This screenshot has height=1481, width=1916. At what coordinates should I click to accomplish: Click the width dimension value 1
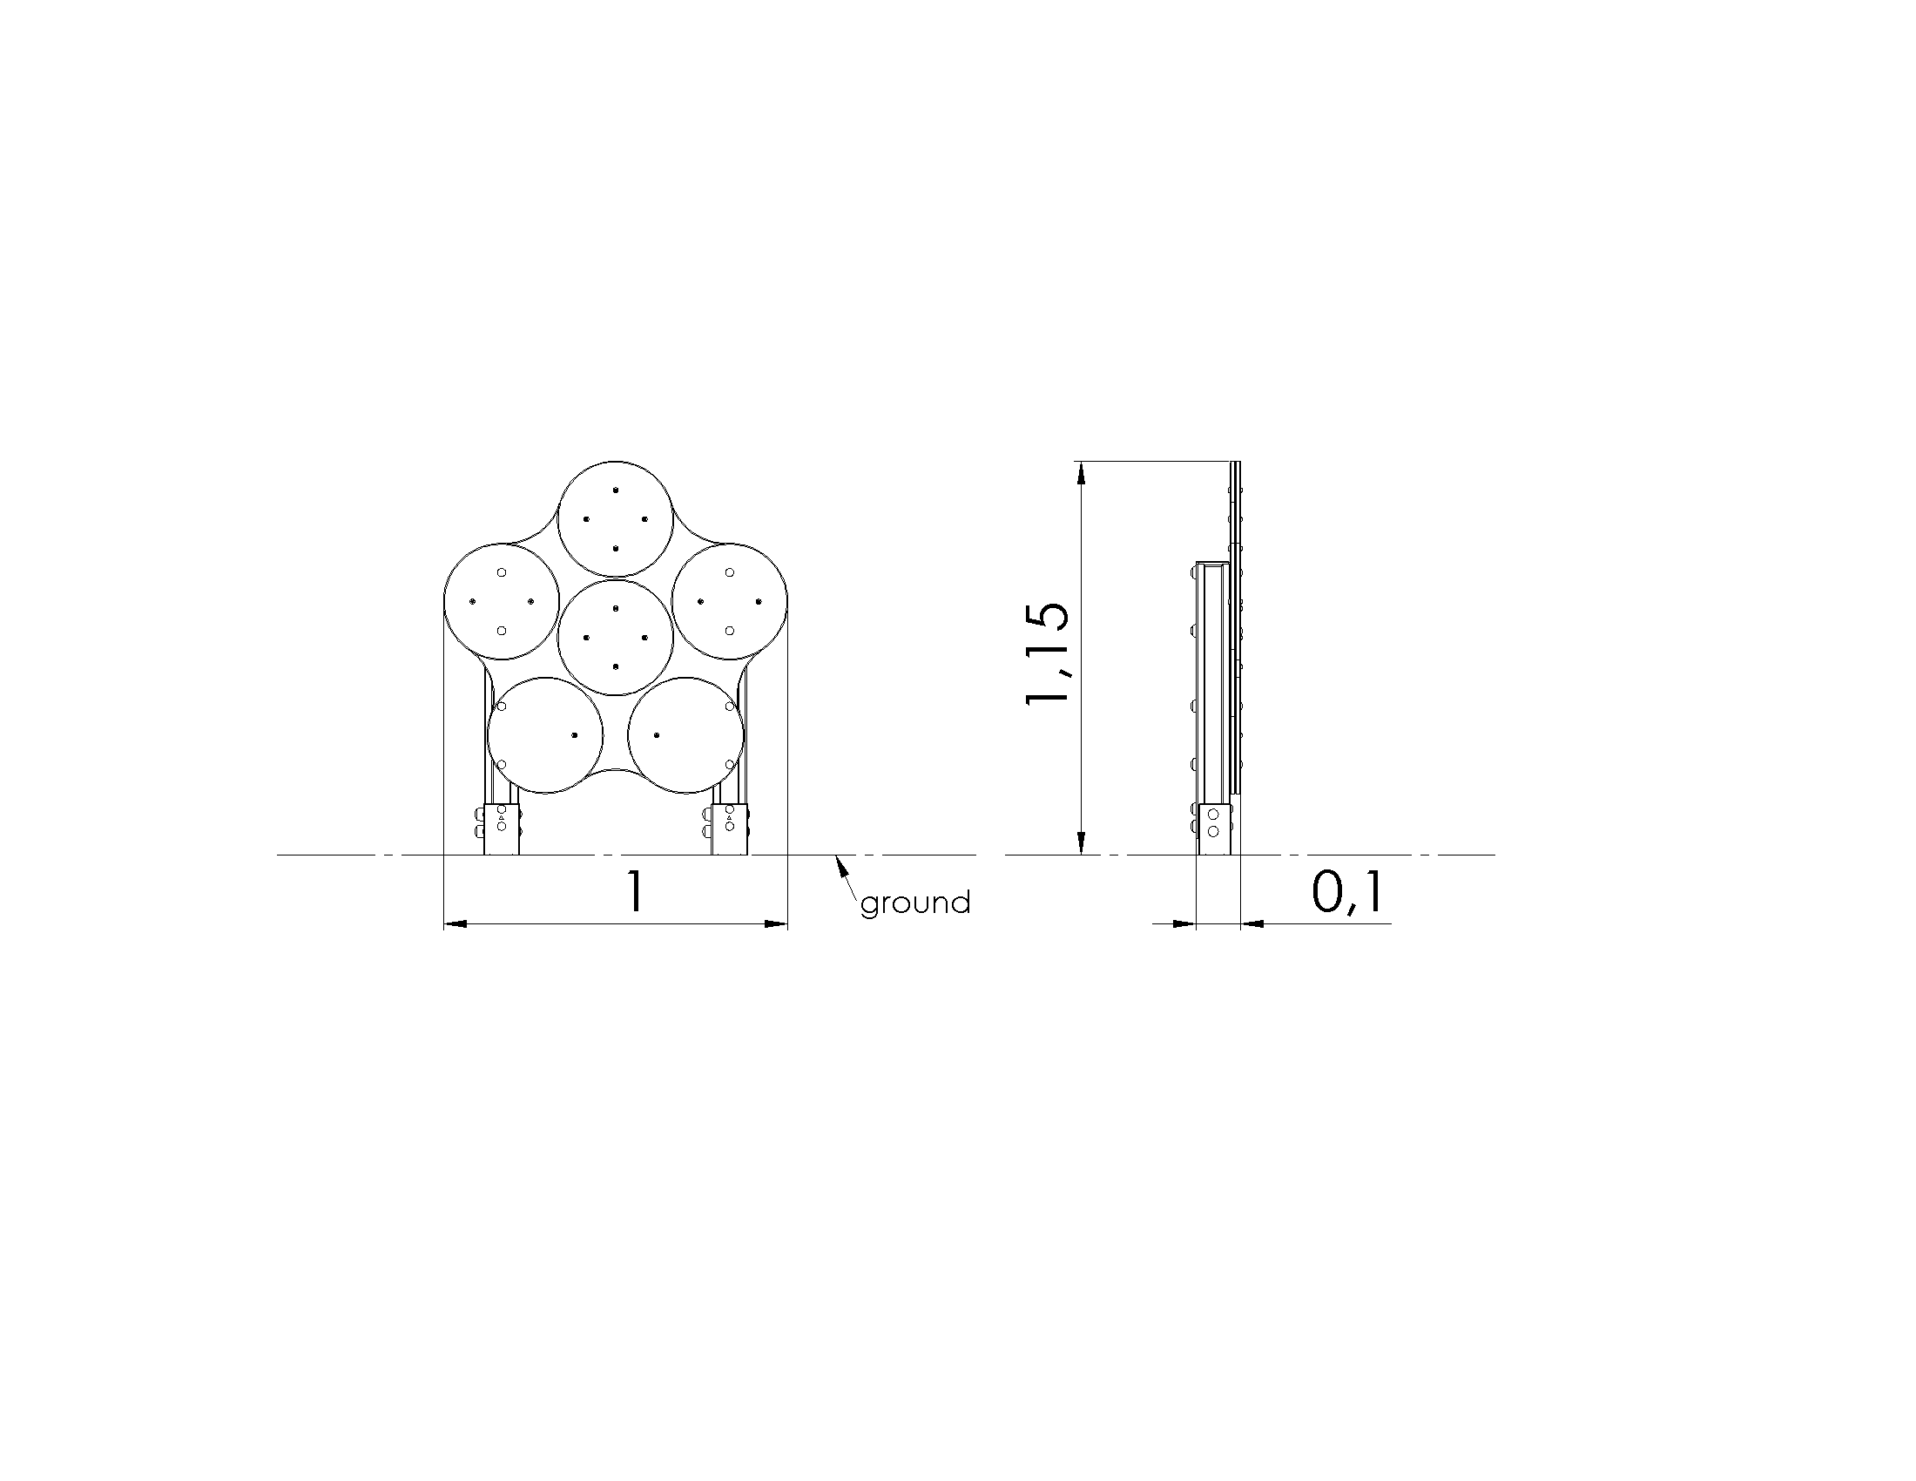click(633, 892)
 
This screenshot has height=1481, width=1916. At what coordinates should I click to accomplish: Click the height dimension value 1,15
click(1048, 653)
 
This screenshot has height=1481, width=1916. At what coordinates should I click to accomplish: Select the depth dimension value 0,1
click(1347, 893)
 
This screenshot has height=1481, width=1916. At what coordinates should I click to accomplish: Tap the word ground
click(915, 903)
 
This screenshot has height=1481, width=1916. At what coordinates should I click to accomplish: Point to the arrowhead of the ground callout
click(842, 864)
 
